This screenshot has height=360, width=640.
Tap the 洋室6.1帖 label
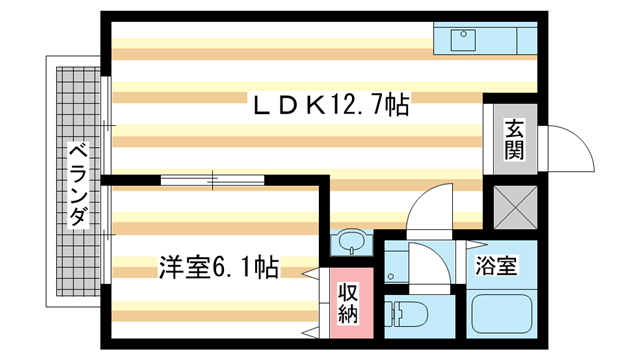click(218, 268)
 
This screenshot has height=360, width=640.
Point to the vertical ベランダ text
click(77, 187)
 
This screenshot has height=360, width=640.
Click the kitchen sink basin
click(463, 41)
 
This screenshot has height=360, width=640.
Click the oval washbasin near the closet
click(349, 243)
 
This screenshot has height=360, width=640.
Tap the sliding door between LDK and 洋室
click(213, 181)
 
